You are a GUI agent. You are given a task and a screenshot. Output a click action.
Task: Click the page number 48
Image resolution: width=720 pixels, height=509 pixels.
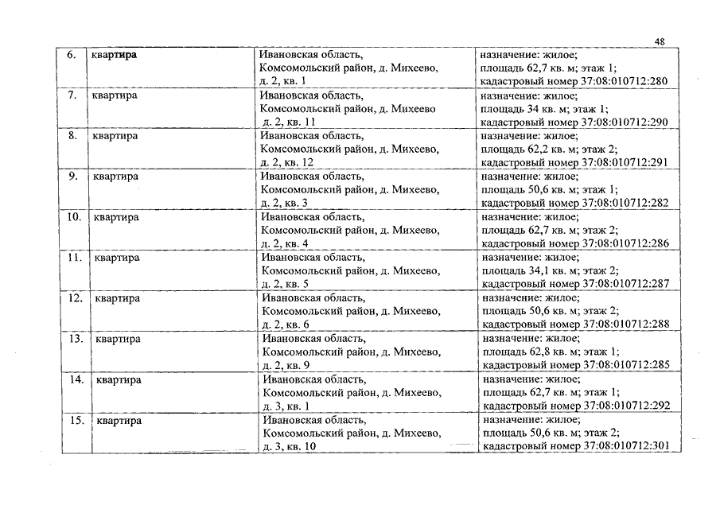point(660,41)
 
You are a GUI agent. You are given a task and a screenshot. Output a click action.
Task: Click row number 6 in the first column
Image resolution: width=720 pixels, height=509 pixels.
point(71,55)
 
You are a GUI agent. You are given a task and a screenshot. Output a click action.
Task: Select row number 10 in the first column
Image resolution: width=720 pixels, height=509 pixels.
point(73,217)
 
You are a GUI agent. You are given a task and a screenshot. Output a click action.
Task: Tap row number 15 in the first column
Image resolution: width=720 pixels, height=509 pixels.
point(76,420)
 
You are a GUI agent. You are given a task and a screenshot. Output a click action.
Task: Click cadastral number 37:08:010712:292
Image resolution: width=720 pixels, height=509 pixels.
point(628,406)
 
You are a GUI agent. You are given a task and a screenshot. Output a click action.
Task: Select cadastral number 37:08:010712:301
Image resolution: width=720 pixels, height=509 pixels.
point(628,446)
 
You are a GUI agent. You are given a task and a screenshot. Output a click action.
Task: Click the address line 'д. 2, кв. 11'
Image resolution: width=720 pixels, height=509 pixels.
point(290,122)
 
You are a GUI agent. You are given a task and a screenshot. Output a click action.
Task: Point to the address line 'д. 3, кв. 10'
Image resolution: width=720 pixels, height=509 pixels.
point(290,446)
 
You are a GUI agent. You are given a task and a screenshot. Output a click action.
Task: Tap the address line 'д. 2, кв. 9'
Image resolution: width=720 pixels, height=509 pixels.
point(286,365)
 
